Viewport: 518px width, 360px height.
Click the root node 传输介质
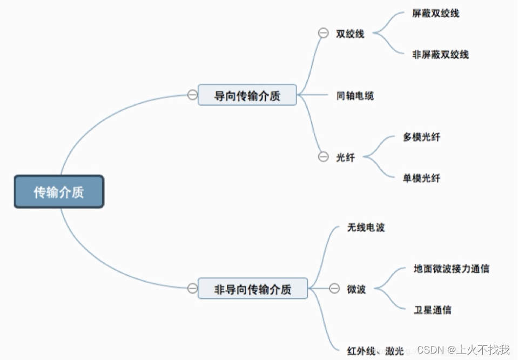tap(58, 192)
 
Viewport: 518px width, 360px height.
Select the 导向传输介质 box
tap(247, 95)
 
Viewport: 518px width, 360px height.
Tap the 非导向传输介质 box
tap(253, 289)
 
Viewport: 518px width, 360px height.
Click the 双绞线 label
tap(350, 34)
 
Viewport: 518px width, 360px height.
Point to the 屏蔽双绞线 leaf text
tap(435, 14)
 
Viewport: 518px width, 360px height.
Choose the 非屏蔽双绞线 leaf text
tap(440, 54)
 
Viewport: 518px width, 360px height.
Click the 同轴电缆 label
tap(355, 96)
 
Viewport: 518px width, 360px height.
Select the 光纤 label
tap(345, 158)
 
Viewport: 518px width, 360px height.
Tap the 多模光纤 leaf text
tap(421, 137)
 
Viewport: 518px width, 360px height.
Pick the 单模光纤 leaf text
tap(421, 178)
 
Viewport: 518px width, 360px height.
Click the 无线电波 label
tap(366, 228)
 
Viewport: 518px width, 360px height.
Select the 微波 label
tap(356, 289)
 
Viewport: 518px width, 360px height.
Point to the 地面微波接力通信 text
tap(451, 269)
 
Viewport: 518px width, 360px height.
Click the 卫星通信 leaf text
tap(432, 310)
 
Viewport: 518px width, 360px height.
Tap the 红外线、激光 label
tap(375, 350)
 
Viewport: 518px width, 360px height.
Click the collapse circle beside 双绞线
tap(323, 34)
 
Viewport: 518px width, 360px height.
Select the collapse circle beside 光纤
tap(323, 157)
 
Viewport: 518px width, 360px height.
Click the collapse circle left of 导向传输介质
tap(192, 95)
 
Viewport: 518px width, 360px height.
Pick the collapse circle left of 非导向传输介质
tap(192, 289)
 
